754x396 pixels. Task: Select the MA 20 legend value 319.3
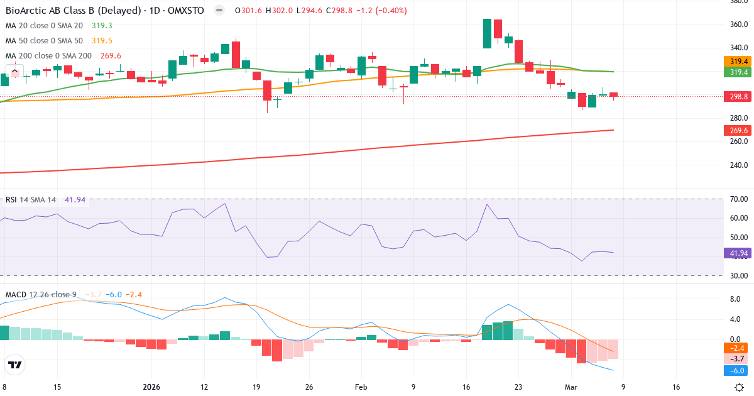tap(102, 25)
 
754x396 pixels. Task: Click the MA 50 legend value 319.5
tap(102, 40)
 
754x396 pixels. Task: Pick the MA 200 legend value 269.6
tap(110, 55)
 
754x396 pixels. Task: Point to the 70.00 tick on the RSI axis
tap(738, 199)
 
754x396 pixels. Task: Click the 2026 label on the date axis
tap(152, 387)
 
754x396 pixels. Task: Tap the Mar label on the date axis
tap(570, 387)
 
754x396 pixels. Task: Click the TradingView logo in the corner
tap(14, 364)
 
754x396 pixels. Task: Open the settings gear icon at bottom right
tap(740, 387)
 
